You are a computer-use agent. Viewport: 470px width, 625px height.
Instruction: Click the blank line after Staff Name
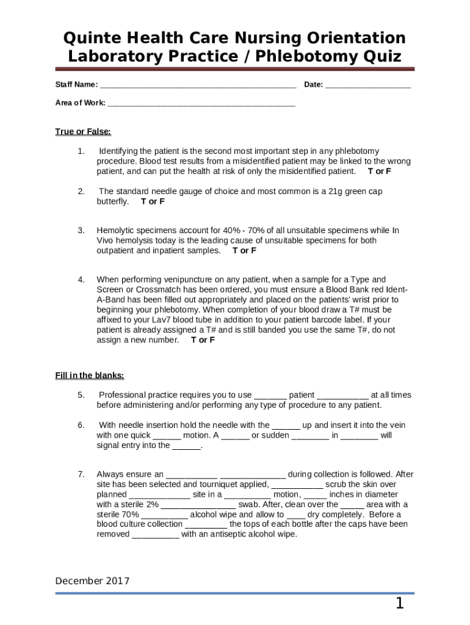tap(198, 85)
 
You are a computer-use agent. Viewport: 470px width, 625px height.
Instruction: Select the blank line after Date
tap(368, 85)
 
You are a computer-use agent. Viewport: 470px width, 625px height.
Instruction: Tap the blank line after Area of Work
tap(201, 103)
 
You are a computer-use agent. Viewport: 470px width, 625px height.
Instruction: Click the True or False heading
tap(83, 131)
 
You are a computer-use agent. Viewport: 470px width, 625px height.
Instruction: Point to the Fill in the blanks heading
tap(90, 375)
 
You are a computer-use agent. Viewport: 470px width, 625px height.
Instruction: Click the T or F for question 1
tap(379, 171)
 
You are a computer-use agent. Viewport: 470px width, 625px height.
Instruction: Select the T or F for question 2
tap(153, 201)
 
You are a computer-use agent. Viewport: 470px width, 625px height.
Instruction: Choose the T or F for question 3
tap(244, 250)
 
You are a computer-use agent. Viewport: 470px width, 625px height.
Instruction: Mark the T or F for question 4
tap(203, 340)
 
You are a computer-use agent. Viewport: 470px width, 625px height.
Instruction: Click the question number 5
tap(81, 395)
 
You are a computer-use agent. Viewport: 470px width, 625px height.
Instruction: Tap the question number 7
tap(81, 474)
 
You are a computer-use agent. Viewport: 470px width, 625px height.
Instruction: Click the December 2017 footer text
tap(92, 581)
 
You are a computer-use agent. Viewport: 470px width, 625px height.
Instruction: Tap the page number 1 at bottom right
tap(399, 604)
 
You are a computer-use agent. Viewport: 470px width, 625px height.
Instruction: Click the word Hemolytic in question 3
tap(115, 231)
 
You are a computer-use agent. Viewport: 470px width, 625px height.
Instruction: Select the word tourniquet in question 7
tap(207, 484)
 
